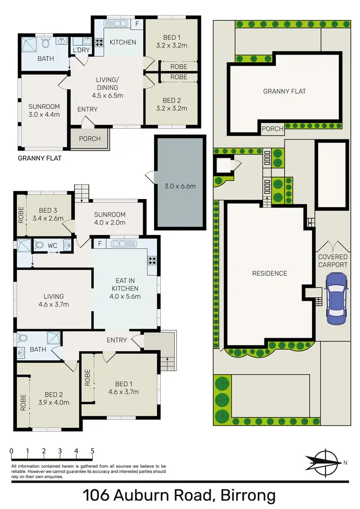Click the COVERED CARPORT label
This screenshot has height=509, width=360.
tap(333, 260)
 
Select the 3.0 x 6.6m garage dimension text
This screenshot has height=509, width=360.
tap(179, 186)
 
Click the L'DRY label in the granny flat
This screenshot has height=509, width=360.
tap(79, 50)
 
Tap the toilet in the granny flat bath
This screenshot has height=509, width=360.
tap(46, 43)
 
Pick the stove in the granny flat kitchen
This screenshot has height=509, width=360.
tap(99, 42)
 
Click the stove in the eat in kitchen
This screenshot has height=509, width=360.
tap(152, 261)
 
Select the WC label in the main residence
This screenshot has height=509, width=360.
tap(52, 246)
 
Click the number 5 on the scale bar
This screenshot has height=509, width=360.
tap(92, 451)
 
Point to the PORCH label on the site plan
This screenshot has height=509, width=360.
tap(272, 128)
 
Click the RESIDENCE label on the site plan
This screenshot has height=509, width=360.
tap(270, 273)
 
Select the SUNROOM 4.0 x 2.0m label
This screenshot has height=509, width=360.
tap(110, 218)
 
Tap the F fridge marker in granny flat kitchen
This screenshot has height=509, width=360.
tap(137, 24)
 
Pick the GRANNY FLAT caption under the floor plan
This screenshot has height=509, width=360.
tap(39, 158)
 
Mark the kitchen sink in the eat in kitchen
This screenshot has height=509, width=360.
tap(124, 244)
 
